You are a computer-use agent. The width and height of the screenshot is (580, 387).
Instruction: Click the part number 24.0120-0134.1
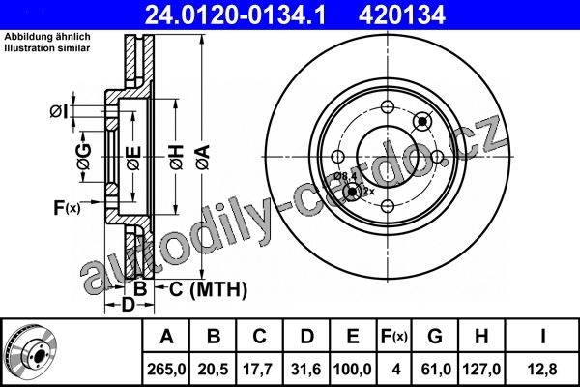[235, 15]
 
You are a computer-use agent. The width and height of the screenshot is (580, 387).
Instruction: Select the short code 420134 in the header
[402, 15]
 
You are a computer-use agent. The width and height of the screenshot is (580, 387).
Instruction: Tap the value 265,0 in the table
[166, 370]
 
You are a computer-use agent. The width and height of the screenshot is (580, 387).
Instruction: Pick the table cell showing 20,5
[213, 370]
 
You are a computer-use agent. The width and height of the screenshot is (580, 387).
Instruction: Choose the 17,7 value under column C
[258, 370]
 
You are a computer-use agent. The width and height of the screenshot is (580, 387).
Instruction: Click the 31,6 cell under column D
[305, 370]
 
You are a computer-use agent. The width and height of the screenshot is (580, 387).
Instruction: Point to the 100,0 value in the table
[353, 370]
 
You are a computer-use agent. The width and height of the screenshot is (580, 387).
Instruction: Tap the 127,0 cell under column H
[481, 370]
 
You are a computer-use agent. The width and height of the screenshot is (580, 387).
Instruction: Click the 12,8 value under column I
[542, 370]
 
